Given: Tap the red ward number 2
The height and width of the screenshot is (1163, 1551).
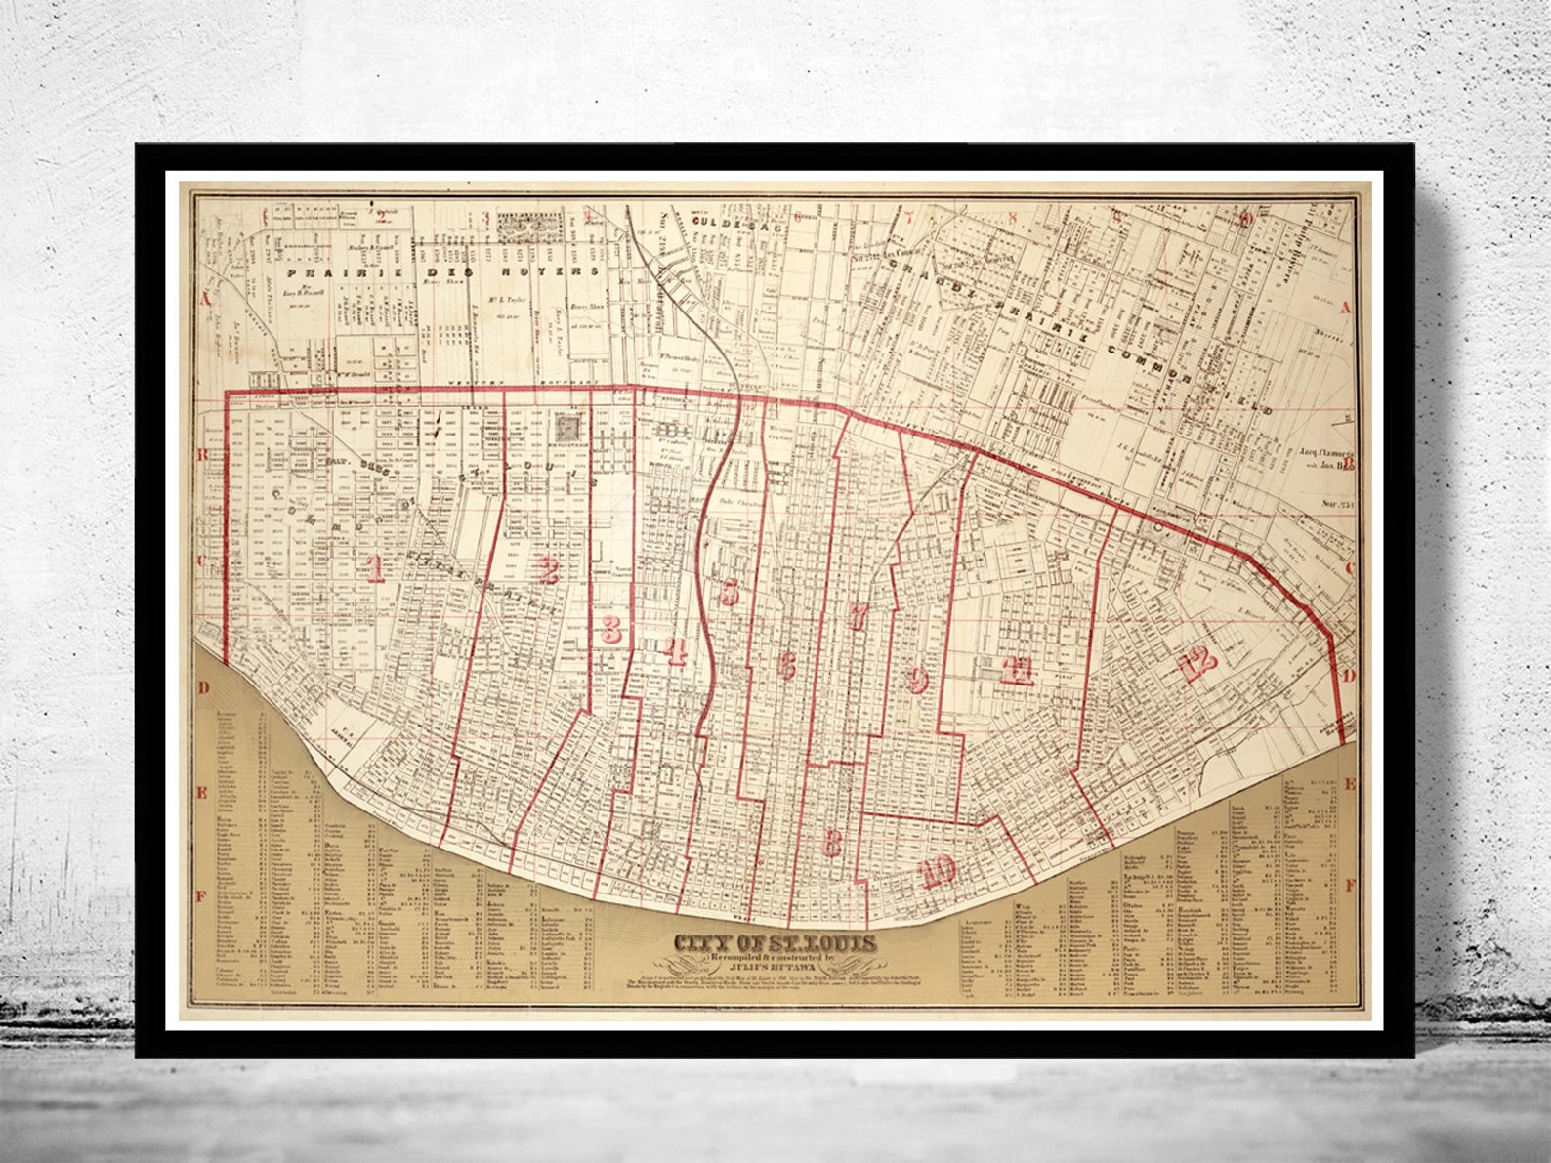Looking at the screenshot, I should click(547, 569).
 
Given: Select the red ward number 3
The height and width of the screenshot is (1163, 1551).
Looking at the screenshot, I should click(612, 629).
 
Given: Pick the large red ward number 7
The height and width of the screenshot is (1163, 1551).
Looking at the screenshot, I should click(859, 616).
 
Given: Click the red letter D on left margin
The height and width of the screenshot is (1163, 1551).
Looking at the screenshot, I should click(205, 687).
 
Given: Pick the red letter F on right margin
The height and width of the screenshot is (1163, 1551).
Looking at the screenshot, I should click(1351, 886).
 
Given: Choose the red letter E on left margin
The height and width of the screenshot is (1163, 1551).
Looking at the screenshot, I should click(202, 792).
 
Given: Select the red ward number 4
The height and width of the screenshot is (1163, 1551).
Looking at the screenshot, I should click(676, 651).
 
